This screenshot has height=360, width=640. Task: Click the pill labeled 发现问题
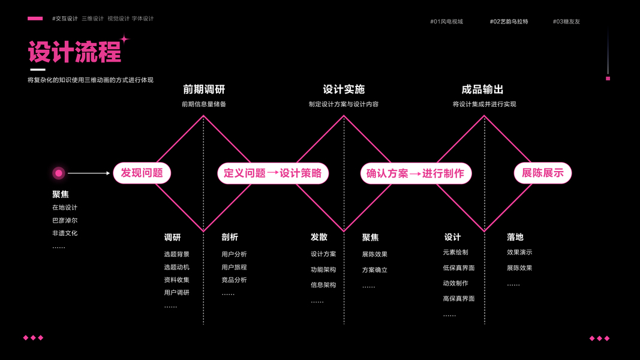142,173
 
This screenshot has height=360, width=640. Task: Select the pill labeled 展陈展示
542,173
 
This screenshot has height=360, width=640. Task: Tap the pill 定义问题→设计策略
272,173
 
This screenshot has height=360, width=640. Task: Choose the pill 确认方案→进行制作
415,173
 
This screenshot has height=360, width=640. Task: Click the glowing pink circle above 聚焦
59,173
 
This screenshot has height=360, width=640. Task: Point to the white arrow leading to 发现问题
89,173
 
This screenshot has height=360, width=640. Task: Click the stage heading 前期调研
204,89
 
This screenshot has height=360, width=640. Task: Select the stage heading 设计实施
344,89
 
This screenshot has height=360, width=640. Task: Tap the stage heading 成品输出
482,89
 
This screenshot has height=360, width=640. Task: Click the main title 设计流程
75,53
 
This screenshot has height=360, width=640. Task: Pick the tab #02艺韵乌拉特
509,22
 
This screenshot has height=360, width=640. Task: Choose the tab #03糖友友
566,22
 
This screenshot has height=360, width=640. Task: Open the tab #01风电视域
446,22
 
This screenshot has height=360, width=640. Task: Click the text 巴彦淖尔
65,220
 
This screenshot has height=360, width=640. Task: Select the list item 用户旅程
234,267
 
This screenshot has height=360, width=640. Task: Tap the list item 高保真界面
459,298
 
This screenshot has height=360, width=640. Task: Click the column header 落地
515,237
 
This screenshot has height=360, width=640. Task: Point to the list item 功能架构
323,269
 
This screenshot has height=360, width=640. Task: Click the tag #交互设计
65,19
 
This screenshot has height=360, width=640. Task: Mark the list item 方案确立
375,270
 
